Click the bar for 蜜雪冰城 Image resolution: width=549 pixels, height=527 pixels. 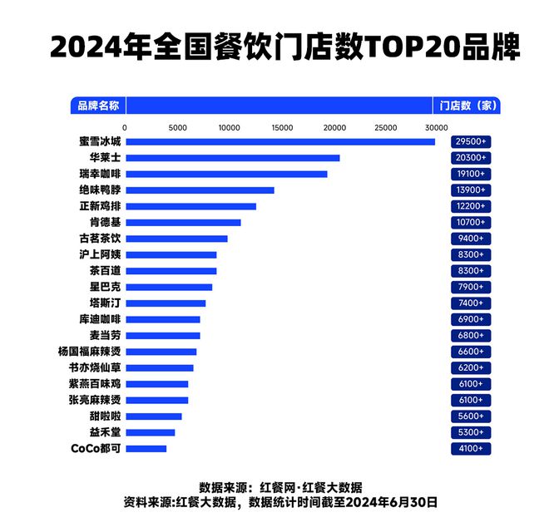[279, 141]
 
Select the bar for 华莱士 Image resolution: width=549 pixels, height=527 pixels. [232, 158]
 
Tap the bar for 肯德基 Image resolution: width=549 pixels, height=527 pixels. [183, 222]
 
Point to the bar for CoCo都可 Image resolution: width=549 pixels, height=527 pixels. [146, 449]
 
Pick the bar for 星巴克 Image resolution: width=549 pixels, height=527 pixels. [169, 287]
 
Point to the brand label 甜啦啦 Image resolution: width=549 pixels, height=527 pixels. [105, 416]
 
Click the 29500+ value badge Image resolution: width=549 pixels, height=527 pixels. [471, 142]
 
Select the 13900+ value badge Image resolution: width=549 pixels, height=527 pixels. [471, 190]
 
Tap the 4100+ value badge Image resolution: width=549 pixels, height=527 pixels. [471, 449]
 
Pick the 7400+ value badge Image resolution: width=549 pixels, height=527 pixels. [471, 303]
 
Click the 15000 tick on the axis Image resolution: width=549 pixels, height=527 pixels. [281, 127]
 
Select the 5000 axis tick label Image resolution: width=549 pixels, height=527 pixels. [176, 127]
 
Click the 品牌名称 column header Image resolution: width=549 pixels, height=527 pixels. [98, 106]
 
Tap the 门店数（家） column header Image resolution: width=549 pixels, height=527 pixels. [467, 106]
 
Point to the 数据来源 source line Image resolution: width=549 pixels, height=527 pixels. [280, 487]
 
